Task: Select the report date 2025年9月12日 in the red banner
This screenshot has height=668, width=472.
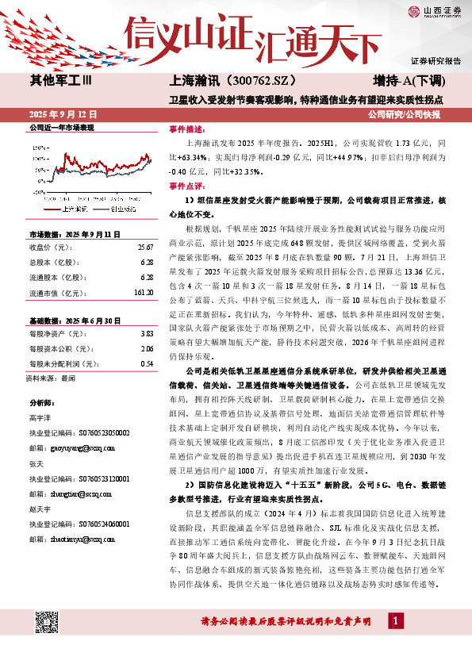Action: [x=63, y=114]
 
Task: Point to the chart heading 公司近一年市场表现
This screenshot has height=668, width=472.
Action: [x=62, y=127]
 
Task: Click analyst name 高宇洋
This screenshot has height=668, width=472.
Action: [x=39, y=417]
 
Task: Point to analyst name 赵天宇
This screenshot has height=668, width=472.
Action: [x=39, y=509]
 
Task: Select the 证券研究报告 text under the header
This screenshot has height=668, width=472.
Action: [x=436, y=61]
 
